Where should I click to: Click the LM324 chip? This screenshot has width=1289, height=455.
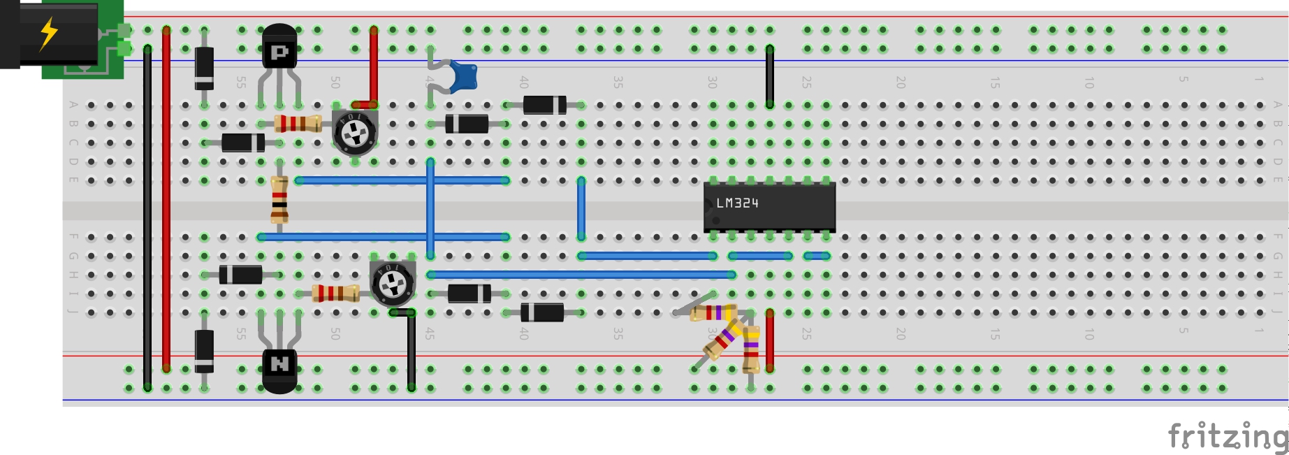tap(769, 206)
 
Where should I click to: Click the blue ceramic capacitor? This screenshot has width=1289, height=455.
tap(463, 75)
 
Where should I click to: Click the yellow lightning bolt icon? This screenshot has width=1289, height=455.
tap(48, 33)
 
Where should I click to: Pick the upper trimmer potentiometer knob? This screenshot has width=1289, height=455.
tap(355, 131)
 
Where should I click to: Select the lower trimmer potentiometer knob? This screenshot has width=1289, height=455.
tap(393, 283)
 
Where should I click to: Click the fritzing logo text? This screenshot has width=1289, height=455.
tap(1228, 436)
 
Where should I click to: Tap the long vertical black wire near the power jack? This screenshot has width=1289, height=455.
tap(147, 217)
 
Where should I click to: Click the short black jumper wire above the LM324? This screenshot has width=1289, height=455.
tap(769, 77)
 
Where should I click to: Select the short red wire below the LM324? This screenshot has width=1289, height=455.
tap(769, 340)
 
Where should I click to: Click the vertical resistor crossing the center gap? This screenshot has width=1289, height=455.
tap(279, 199)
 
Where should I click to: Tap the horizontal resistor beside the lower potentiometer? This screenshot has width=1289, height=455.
tap(335, 294)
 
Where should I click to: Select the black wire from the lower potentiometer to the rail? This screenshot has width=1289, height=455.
tap(412, 349)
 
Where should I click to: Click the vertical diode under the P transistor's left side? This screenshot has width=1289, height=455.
tap(204, 68)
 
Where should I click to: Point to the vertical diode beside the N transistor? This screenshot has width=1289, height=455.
tap(204, 351)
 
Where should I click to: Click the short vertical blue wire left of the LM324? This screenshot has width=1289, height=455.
tap(581, 208)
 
